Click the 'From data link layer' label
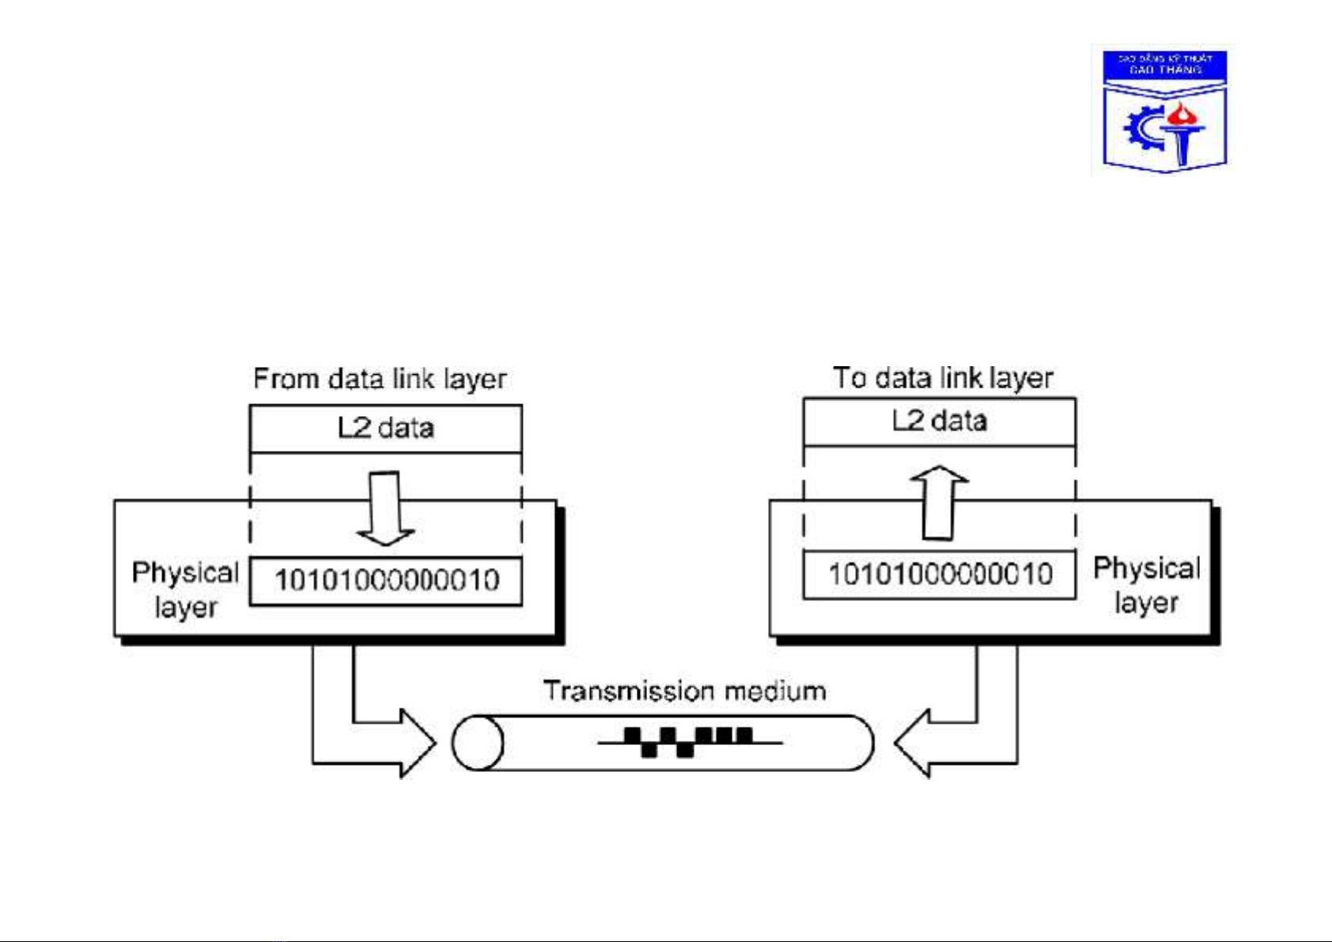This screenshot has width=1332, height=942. [x=380, y=379]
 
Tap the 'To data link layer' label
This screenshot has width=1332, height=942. [x=943, y=378]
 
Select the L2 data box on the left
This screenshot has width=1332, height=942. [x=386, y=428]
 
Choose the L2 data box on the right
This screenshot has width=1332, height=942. [x=940, y=421]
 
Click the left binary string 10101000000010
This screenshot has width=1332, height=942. [x=387, y=581]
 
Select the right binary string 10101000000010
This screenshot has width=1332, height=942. [x=940, y=574]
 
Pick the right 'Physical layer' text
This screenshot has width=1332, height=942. [x=1146, y=585]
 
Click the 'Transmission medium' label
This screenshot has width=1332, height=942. [x=685, y=691]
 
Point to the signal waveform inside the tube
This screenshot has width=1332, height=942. [x=688, y=742]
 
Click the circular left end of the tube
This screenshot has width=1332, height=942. [x=478, y=743]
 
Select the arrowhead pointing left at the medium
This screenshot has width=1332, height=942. [x=914, y=743]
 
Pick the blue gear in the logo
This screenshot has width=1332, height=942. [x=1142, y=131]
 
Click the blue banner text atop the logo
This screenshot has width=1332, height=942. [x=1165, y=64]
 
